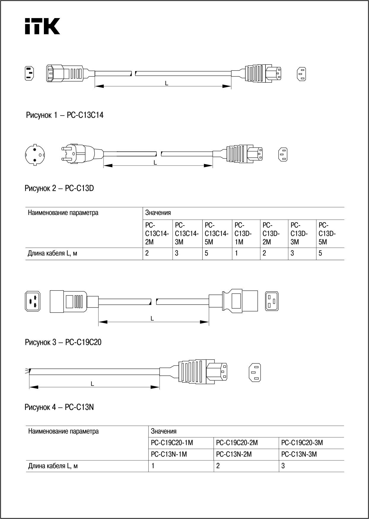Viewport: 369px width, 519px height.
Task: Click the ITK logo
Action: point(42,26)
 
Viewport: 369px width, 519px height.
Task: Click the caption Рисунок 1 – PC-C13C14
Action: point(65,115)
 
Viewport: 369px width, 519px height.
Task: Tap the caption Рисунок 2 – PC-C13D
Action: point(59,188)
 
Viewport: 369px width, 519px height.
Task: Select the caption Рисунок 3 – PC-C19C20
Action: point(63,342)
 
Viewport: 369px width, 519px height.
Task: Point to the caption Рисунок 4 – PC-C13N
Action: point(59,407)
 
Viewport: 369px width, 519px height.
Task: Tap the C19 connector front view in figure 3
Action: point(271,301)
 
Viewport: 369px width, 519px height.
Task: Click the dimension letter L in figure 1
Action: point(167,84)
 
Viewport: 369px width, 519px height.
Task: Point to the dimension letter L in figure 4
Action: point(92,384)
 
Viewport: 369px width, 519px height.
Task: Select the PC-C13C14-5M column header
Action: point(217,233)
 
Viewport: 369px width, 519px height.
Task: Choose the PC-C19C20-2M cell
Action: point(237,443)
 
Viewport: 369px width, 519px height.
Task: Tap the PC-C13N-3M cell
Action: point(299,454)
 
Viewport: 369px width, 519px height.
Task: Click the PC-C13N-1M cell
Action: point(169,454)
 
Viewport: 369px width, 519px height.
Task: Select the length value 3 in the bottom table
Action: point(283,466)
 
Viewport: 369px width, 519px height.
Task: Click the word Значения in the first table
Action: point(158,213)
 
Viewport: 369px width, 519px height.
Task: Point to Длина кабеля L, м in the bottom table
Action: point(53,466)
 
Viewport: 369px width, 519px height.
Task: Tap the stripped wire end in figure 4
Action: point(28,371)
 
